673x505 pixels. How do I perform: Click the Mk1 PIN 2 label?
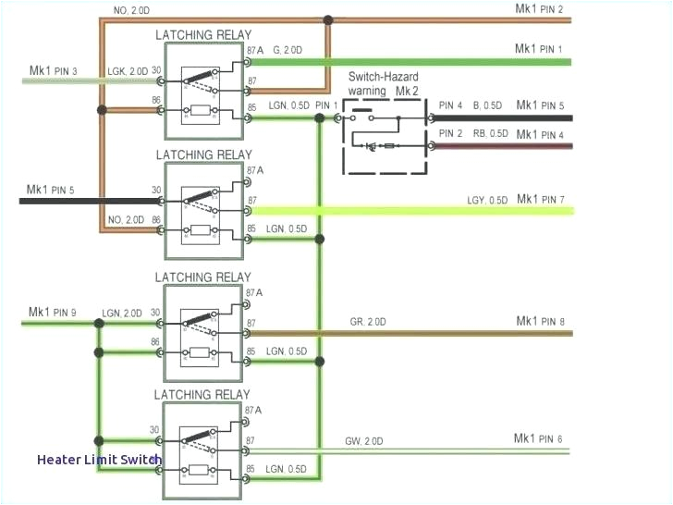point(538,9)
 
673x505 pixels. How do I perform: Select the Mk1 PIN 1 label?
point(538,48)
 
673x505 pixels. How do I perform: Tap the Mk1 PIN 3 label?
point(54,71)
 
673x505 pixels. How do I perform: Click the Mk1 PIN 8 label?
point(539,322)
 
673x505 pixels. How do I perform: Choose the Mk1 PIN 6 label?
point(538,438)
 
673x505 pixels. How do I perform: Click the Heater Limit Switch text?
point(100,459)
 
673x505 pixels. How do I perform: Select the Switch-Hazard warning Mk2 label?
point(385,86)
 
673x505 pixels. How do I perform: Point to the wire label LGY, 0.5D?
point(486,201)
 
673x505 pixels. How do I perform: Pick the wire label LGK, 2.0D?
point(126,71)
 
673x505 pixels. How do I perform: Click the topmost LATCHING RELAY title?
point(202,35)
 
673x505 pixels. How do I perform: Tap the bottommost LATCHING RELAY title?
point(202,395)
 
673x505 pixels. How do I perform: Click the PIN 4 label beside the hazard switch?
point(451,106)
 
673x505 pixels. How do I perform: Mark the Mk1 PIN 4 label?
point(539,135)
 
